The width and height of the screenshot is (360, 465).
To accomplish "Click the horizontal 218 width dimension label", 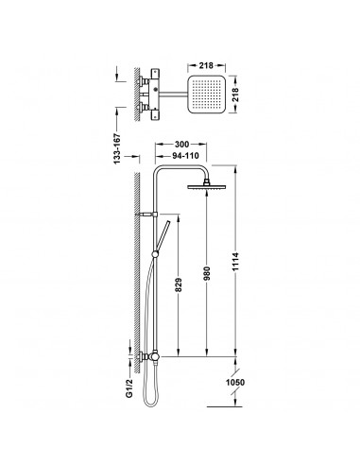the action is (x=206, y=65).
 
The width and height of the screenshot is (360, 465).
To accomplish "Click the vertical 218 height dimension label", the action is (x=235, y=95).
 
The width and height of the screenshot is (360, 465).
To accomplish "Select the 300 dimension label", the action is (x=181, y=145).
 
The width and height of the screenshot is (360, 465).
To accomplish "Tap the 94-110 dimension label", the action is (x=185, y=156).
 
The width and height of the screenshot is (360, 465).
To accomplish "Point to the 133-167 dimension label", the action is (x=117, y=148).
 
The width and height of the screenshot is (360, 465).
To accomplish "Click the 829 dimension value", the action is (x=179, y=284).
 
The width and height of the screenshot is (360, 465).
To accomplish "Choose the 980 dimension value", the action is (x=206, y=274).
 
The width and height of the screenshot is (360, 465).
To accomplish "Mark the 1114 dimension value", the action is (x=236, y=261).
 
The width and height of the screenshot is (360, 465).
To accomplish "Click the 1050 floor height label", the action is (x=235, y=383).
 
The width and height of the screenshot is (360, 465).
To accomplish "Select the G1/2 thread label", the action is (x=129, y=388).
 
